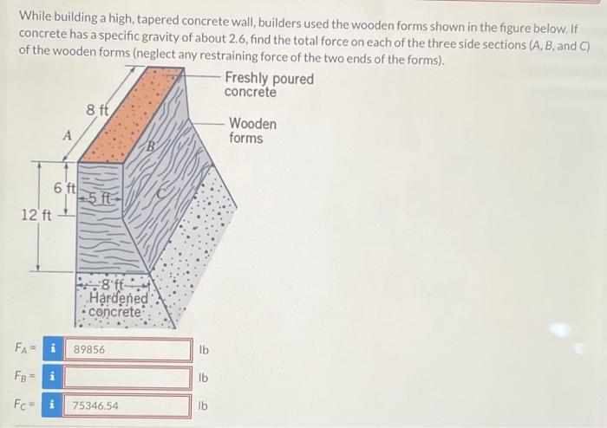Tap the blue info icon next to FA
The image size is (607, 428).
coord(53,349)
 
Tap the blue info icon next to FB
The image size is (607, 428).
coord(53,378)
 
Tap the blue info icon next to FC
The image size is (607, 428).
coord(53,405)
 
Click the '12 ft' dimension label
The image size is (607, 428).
coord(36,214)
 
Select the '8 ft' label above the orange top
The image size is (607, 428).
coord(97,110)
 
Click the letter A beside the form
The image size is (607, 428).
coord(67,134)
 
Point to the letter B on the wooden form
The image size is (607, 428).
coord(150,146)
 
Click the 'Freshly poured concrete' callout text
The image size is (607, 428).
coord(268,86)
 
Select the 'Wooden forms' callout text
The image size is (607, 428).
coord(253,132)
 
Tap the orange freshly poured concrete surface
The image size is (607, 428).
coord(130,113)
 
